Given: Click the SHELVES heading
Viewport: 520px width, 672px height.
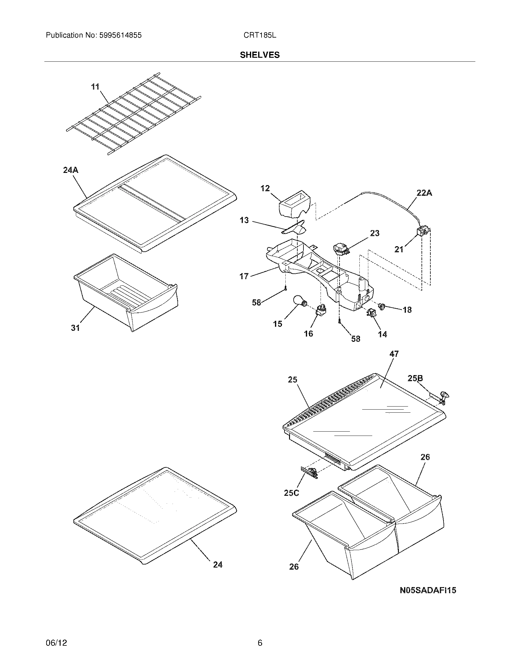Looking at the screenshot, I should coord(260,55).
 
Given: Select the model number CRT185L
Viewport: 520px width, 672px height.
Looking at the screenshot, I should coord(260,35).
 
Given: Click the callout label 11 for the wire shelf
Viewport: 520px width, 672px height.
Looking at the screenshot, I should coord(95,87).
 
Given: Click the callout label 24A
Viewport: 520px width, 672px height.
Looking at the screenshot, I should coord(71,170).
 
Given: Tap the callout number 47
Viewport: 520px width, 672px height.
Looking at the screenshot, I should coord(394,354).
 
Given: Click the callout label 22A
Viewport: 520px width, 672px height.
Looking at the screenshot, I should coord(424,193).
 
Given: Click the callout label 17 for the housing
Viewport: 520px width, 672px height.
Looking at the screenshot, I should coord(244,276).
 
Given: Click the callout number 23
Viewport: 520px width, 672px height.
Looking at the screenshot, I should coord(375,233).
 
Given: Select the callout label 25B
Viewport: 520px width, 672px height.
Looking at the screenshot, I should coord(415,378).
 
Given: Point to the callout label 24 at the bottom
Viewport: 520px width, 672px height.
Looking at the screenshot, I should coord(217,564).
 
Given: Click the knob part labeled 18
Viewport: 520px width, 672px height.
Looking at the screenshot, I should coord(382,306).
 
